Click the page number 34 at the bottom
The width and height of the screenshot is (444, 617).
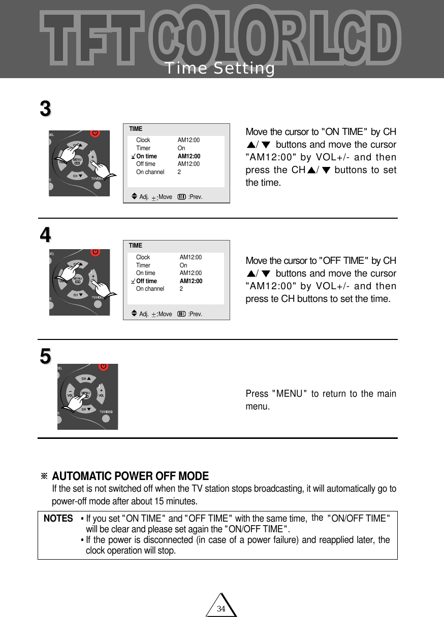[x=221, y=608]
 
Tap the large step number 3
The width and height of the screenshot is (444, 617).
[x=46, y=109]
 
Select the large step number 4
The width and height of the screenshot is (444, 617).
[x=46, y=235]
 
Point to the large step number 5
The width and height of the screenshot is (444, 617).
[x=46, y=356]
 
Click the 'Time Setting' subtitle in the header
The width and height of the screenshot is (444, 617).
[x=219, y=68]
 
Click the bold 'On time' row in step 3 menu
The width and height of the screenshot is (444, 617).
[x=146, y=156]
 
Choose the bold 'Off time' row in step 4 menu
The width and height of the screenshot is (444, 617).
[x=146, y=281]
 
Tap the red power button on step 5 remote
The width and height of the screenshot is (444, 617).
[x=103, y=366]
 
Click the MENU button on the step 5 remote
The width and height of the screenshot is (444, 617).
[x=85, y=393]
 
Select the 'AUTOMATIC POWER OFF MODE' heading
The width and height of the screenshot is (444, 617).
[x=130, y=476]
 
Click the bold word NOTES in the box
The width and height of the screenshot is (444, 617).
[x=58, y=519]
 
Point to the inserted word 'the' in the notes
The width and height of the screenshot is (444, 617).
[x=318, y=518]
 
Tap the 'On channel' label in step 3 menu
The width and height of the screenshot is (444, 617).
[x=150, y=172]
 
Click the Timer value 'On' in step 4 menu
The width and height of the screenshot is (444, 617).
[x=183, y=265]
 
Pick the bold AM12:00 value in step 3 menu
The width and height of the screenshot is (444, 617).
[x=188, y=156]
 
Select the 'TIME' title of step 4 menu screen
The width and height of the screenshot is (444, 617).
[x=136, y=246]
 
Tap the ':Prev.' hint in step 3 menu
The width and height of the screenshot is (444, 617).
[x=195, y=196]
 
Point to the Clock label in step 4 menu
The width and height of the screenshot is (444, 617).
[x=143, y=257]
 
